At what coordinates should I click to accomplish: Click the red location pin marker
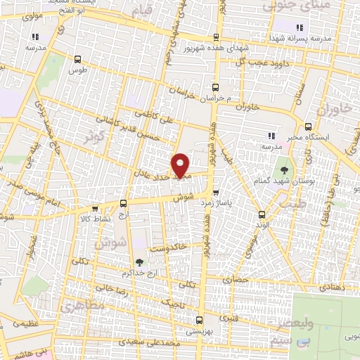click(x=181, y=165)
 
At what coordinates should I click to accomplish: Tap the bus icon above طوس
click(x=77, y=60)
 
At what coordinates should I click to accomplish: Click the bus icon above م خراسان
click(x=216, y=88)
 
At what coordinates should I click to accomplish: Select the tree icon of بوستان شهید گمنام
click(x=285, y=169)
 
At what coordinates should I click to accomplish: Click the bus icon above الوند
click(x=262, y=214)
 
